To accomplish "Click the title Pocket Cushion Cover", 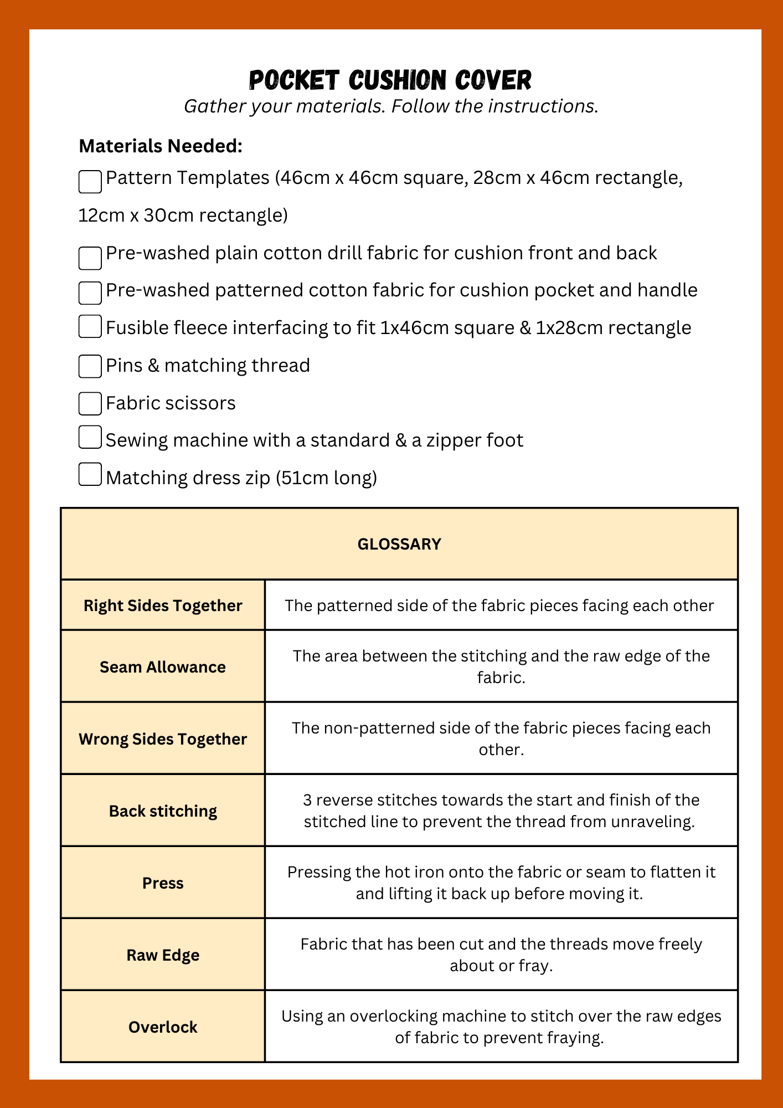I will pyautogui.click(x=390, y=80).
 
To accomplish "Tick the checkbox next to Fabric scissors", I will pyautogui.click(x=90, y=403).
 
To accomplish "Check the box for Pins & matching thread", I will pyautogui.click(x=90, y=366).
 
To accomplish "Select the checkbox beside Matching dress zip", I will pyautogui.click(x=90, y=474).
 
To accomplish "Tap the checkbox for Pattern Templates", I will pyautogui.click(x=90, y=182).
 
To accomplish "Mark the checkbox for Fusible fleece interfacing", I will pyautogui.click(x=90, y=326).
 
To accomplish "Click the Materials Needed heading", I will pyautogui.click(x=161, y=146).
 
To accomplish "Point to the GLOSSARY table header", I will pyautogui.click(x=399, y=544).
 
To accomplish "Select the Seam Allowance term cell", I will pyautogui.click(x=163, y=666).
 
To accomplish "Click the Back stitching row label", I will pyautogui.click(x=163, y=811).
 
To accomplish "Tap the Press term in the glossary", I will pyautogui.click(x=163, y=883).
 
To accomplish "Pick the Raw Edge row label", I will pyautogui.click(x=163, y=955).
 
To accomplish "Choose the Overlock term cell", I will pyautogui.click(x=163, y=1027).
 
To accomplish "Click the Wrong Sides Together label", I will pyautogui.click(x=163, y=738).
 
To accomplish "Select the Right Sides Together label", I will pyautogui.click(x=163, y=605).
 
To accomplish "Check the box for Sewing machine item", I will pyautogui.click(x=90, y=437).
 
